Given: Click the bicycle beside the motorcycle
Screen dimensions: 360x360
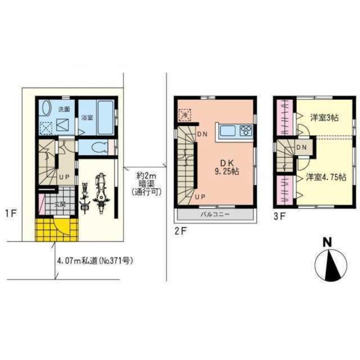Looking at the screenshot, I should pyautogui.click(x=85, y=197).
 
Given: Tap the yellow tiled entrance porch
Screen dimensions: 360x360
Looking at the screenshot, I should pyautogui.click(x=57, y=229).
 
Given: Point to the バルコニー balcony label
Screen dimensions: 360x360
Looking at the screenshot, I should pyautogui.click(x=215, y=215).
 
